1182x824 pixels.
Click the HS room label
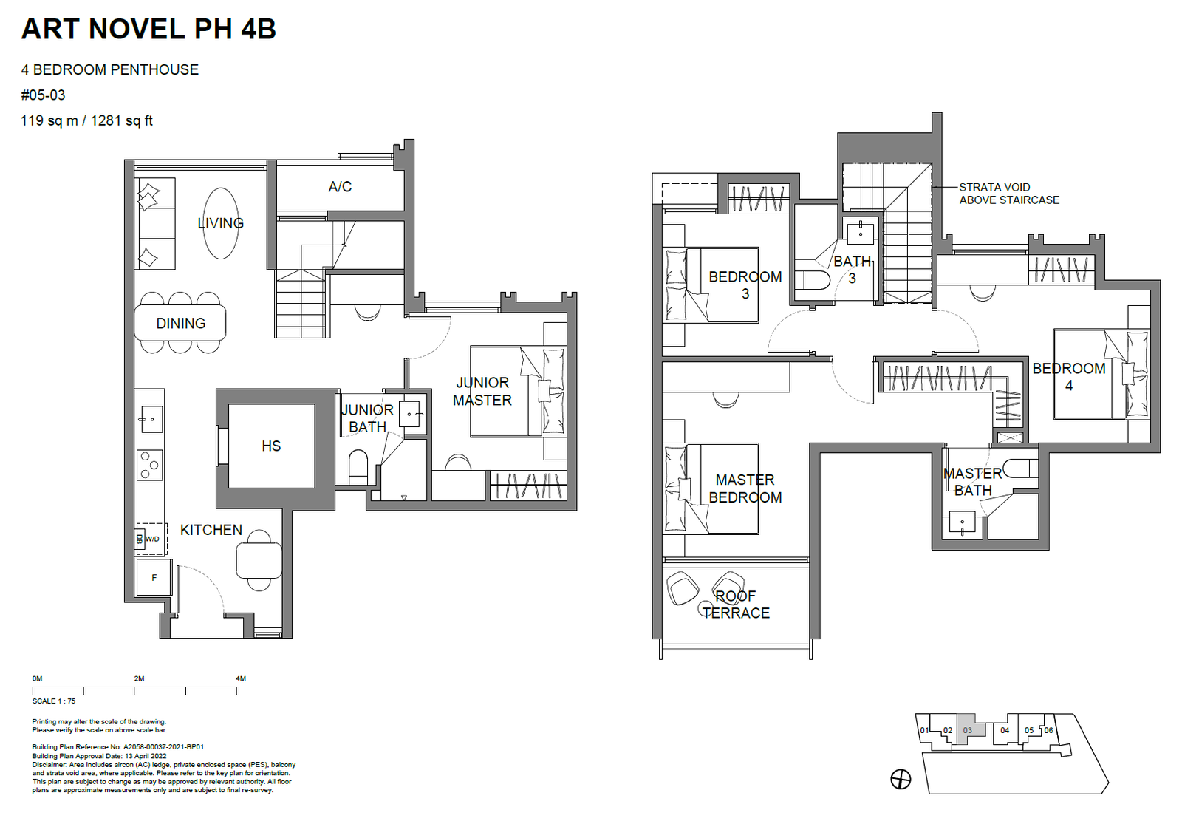click(271, 446)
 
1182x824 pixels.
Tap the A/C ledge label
click(340, 187)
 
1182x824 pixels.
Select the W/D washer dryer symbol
click(152, 539)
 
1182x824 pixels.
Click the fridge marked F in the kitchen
click(154, 577)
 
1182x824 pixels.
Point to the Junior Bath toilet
click(358, 466)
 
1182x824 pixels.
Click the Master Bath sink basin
click(962, 523)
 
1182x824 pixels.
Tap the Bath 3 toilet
click(813, 280)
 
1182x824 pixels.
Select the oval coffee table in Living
click(221, 223)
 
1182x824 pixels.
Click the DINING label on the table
click(181, 324)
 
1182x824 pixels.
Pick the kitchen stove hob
click(150, 465)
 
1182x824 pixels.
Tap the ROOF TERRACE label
click(736, 605)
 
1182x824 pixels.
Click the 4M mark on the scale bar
click(241, 678)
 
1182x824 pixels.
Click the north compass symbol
click(901, 779)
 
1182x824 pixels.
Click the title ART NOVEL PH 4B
click(148, 29)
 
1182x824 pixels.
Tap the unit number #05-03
click(44, 95)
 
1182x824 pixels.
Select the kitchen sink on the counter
click(151, 419)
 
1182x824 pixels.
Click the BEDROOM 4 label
click(1069, 377)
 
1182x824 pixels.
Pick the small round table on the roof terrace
click(705, 607)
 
